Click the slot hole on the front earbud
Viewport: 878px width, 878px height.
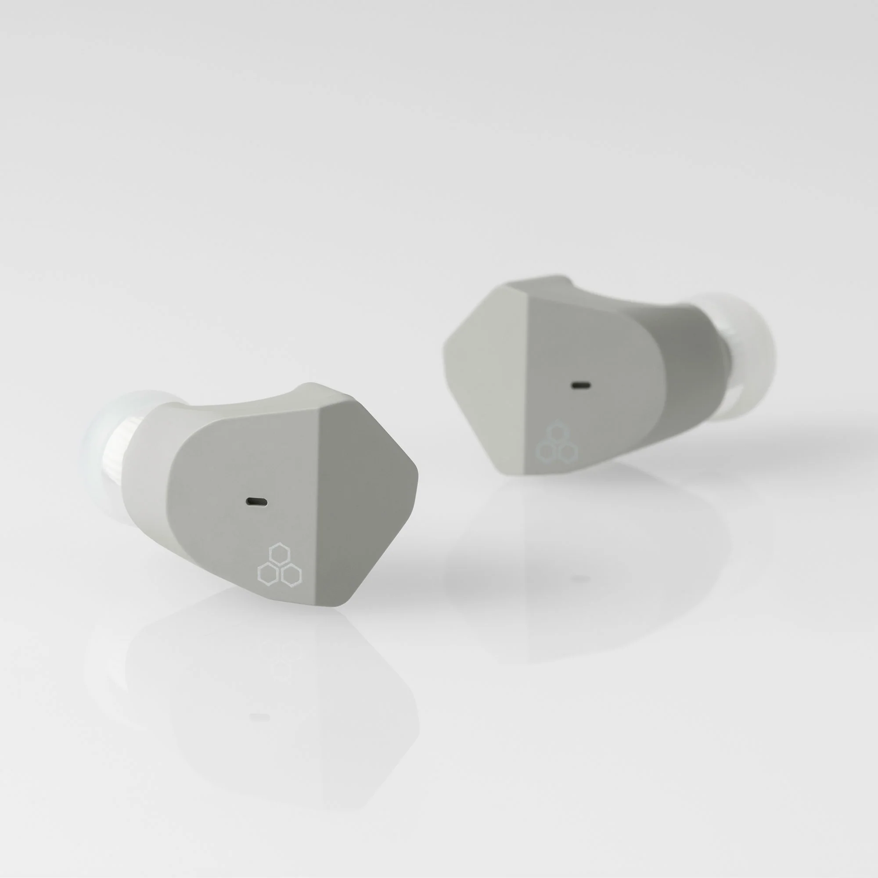(x=256, y=502)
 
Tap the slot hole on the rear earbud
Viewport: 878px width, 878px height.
(x=581, y=385)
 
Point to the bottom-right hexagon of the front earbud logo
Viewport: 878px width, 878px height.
(x=291, y=576)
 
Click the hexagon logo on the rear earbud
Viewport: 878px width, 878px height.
(x=557, y=444)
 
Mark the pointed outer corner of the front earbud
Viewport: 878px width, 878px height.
(x=416, y=473)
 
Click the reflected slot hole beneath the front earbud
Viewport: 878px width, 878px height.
(x=259, y=717)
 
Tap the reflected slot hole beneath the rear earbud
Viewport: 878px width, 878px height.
(x=580, y=579)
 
